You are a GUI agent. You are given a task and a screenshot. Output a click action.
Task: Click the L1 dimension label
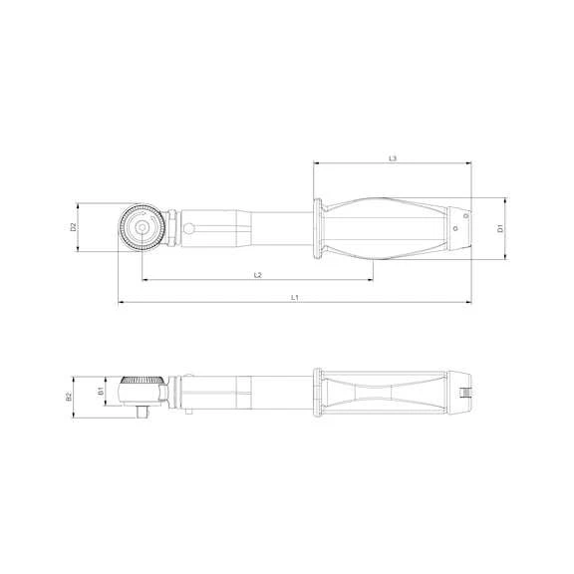295,297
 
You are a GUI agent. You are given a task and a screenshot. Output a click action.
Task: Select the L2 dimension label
257,274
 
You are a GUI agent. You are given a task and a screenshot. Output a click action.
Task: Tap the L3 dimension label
392,158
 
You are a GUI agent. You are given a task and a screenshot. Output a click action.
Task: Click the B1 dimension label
102,392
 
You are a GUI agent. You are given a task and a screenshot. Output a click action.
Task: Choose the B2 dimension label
69,396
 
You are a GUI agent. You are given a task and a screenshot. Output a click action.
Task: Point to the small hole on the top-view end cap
455,228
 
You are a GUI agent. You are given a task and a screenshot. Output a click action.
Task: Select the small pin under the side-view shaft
187,409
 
